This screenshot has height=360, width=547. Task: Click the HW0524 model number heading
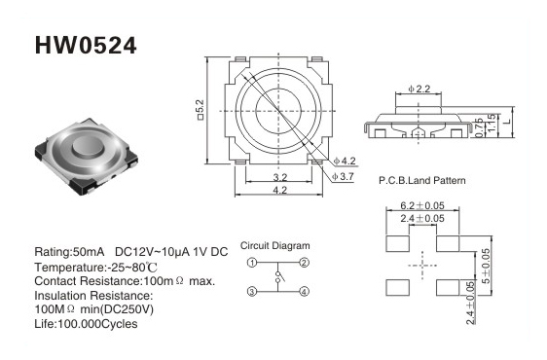[86, 46]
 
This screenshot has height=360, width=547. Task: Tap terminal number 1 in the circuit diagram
[252, 263]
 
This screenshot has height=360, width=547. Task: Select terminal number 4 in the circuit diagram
[305, 291]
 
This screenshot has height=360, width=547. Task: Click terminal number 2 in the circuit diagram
[305, 263]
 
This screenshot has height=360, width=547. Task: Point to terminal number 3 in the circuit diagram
[252, 291]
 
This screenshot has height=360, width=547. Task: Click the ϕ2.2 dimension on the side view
[419, 89]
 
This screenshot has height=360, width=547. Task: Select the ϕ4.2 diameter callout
[345, 162]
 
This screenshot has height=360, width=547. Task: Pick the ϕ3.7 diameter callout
[343, 177]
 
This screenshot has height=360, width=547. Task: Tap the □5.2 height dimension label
[201, 110]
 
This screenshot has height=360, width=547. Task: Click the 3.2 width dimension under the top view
[279, 177]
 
